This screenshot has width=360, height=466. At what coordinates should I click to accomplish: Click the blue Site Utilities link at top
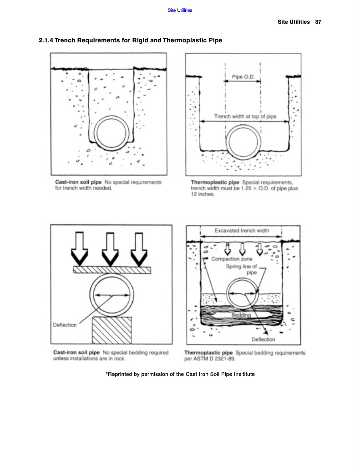coord(180,10)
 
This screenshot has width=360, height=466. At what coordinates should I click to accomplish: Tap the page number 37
coord(318,22)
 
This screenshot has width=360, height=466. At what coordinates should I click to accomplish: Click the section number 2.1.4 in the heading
coord(46,41)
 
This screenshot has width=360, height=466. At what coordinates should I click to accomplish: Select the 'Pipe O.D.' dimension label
coord(243,77)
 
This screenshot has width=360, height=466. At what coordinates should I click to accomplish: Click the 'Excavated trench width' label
coord(242,231)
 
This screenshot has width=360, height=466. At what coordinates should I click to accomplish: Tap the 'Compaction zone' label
coord(232,259)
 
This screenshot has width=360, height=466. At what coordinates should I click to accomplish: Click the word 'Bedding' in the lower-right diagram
coord(241,315)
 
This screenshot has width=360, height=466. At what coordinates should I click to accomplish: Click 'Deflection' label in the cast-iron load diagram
coord(65,325)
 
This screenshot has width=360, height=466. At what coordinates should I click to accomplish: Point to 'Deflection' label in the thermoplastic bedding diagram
coord(264,339)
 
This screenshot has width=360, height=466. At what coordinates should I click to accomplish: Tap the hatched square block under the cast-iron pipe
coord(112,330)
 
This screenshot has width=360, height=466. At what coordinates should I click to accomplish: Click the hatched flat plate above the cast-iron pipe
coord(112,270)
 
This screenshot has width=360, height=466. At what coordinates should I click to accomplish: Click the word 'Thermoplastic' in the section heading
coord(182,41)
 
